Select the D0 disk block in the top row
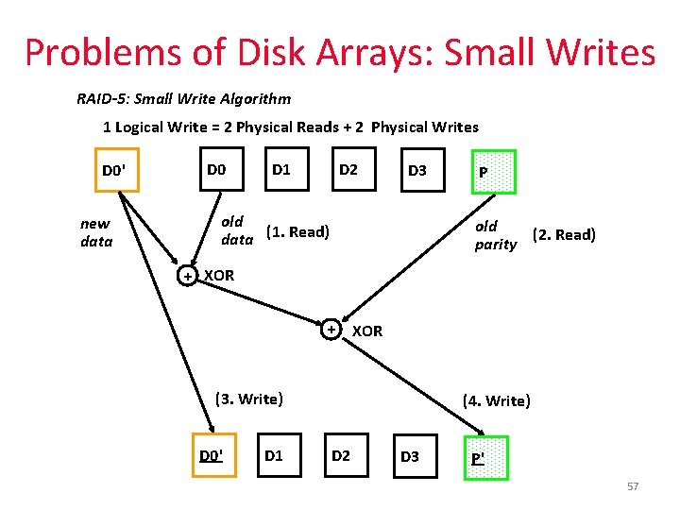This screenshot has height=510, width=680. (216, 170)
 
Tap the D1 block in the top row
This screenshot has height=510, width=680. (280, 170)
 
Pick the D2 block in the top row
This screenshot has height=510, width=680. (348, 170)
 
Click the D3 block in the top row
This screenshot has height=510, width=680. (417, 171)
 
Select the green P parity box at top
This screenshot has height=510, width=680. (484, 172)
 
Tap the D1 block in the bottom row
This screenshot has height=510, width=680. (274, 456)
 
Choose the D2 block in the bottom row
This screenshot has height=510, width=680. (341, 456)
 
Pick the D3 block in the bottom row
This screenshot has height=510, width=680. (409, 457)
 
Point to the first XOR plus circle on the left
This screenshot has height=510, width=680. (188, 276)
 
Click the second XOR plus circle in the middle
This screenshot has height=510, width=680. (331, 330)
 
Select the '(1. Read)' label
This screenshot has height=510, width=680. (297, 231)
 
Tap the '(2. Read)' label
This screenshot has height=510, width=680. (564, 234)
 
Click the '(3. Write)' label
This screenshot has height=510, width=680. (248, 399)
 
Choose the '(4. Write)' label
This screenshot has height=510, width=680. (497, 400)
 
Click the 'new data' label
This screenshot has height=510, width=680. (95, 232)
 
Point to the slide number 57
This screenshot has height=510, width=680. (633, 486)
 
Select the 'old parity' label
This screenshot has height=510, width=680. (496, 235)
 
